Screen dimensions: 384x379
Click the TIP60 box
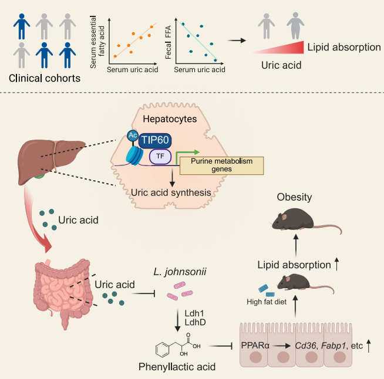point(155,140)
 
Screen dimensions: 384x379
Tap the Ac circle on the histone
point(133,136)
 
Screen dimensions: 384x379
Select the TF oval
point(160,156)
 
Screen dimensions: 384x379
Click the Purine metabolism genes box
point(221,165)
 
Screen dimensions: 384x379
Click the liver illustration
point(52,162)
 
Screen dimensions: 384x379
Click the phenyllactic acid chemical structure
point(178,346)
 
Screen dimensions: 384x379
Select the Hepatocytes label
point(170,119)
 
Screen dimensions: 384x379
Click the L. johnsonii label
point(180,272)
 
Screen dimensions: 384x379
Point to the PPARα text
point(255,346)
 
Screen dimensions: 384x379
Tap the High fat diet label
point(267,302)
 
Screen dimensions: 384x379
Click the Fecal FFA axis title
point(169,42)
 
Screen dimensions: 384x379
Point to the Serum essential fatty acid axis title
point(97,42)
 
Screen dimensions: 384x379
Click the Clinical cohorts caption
point(45,78)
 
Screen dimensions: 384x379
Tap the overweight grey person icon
point(295,26)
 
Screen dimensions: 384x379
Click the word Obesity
point(294,197)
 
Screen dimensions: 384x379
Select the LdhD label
point(195,322)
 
